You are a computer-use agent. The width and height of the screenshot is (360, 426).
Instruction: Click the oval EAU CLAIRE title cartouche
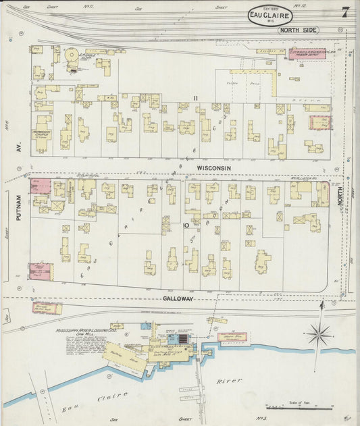[x=270, y=15]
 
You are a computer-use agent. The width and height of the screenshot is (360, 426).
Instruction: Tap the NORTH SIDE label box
[x=297, y=30]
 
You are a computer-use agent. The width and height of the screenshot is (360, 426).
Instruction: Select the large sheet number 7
[x=345, y=12]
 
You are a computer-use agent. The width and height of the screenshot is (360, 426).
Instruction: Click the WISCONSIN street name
[x=214, y=167]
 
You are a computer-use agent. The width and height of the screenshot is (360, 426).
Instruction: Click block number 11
[x=196, y=99]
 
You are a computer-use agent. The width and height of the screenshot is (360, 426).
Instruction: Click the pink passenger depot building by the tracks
[x=307, y=52]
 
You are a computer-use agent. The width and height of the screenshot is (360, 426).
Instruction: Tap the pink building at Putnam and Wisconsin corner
[x=40, y=186]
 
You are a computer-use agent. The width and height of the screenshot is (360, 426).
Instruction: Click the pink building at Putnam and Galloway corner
[x=38, y=270]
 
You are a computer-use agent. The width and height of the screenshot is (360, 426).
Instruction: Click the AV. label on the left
[x=20, y=144]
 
